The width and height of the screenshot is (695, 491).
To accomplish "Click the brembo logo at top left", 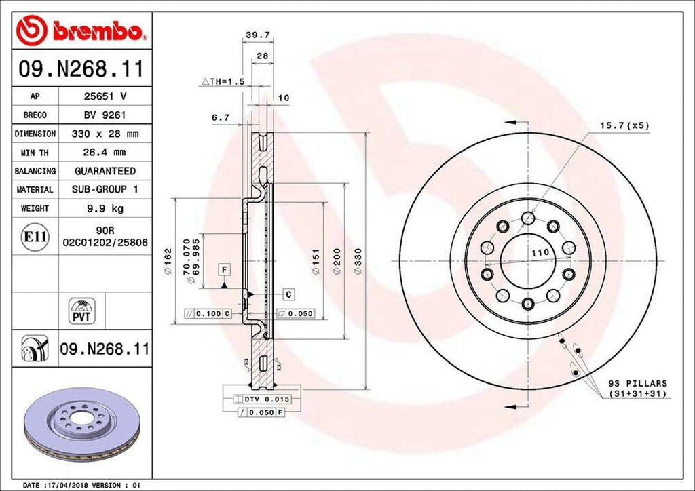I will click(82, 30).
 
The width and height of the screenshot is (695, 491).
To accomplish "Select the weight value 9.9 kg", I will click(105, 208).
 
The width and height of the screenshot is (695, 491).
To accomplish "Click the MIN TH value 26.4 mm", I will click(105, 153).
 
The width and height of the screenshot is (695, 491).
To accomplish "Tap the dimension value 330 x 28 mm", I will click(105, 134).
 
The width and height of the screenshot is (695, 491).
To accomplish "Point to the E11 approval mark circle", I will click(35, 237).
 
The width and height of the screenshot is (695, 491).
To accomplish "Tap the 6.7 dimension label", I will click(221, 117).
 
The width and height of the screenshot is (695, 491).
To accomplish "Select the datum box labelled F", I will click(222, 271).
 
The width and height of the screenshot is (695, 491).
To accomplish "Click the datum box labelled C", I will click(288, 294).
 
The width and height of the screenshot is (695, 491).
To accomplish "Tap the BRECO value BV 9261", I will click(105, 115).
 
